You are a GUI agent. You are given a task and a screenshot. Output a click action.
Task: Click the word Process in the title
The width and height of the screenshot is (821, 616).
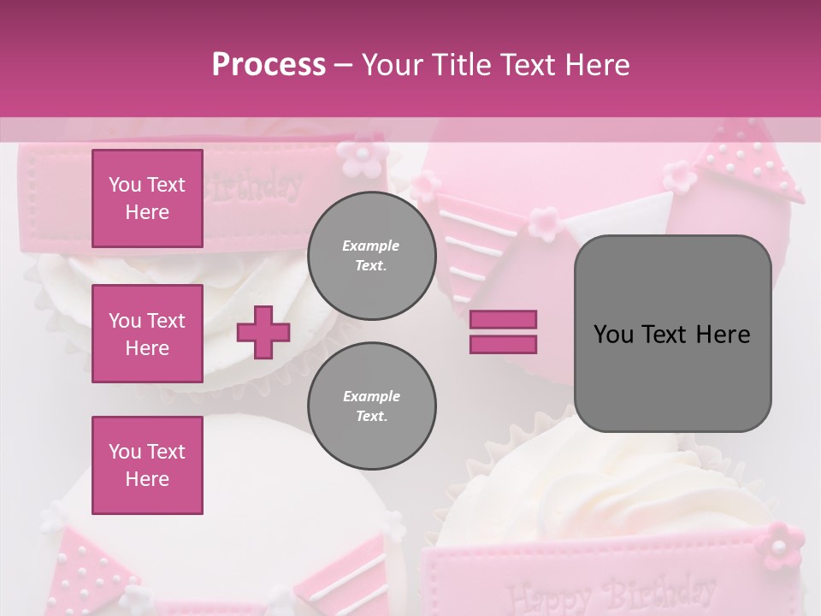pyautogui.click(x=269, y=65)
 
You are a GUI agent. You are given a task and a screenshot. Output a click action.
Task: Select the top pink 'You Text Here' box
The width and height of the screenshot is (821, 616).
pyautogui.click(x=147, y=198)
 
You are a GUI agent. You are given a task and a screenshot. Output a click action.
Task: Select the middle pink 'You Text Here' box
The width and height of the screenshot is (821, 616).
pyautogui.click(x=147, y=334)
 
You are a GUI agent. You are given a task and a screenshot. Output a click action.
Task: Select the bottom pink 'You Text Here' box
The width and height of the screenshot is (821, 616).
pyautogui.click(x=147, y=465)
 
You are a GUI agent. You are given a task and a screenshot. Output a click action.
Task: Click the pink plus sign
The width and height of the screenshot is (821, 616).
pyautogui.click(x=263, y=332)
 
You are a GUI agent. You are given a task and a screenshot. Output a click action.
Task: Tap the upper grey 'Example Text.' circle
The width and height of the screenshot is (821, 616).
pyautogui.click(x=371, y=256)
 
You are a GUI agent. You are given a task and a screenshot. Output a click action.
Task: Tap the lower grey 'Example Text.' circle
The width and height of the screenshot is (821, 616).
pyautogui.click(x=371, y=406)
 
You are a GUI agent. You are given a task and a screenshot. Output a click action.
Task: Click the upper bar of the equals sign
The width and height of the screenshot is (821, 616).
pyautogui.click(x=503, y=319)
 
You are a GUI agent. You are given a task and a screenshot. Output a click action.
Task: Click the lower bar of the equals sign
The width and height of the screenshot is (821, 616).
pyautogui.click(x=503, y=344)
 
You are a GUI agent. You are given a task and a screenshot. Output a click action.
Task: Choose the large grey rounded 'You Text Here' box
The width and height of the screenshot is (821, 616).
pyautogui.click(x=672, y=334)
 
